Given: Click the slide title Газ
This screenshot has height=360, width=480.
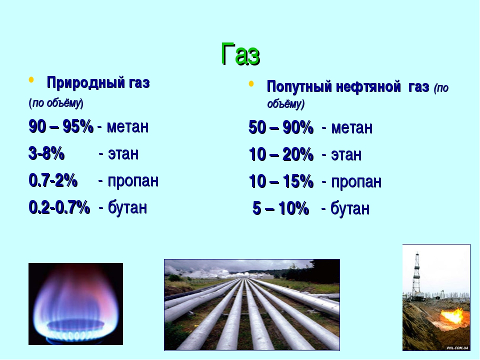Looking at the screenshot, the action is [240, 54].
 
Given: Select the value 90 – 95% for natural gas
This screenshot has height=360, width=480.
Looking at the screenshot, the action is [61, 126].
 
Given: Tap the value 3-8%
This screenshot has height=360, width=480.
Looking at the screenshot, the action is [46, 153].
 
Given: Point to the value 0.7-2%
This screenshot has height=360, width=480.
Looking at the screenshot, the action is [53, 180].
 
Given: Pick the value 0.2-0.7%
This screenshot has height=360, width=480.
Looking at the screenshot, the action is [59, 207].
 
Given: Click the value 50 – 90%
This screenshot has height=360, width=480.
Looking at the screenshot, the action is [281, 127].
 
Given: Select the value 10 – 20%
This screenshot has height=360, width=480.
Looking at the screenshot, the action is [281, 154].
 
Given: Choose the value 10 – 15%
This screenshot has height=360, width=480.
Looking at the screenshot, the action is [281, 181].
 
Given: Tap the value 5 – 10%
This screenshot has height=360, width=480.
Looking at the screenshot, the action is [280, 208].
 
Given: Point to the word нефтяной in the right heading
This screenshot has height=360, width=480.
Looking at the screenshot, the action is [368, 86].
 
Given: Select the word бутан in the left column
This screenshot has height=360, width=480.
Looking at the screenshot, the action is [127, 207].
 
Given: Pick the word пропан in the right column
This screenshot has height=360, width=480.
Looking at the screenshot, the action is [356, 181].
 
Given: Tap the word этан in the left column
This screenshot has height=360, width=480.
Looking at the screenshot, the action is [123, 153].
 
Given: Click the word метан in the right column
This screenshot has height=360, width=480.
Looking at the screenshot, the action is [351, 128].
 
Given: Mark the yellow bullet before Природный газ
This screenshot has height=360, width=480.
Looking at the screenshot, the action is [31, 80].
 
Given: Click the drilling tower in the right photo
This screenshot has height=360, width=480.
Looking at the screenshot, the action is [416, 275].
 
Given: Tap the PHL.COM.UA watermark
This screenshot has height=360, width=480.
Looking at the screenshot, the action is [457, 348].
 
